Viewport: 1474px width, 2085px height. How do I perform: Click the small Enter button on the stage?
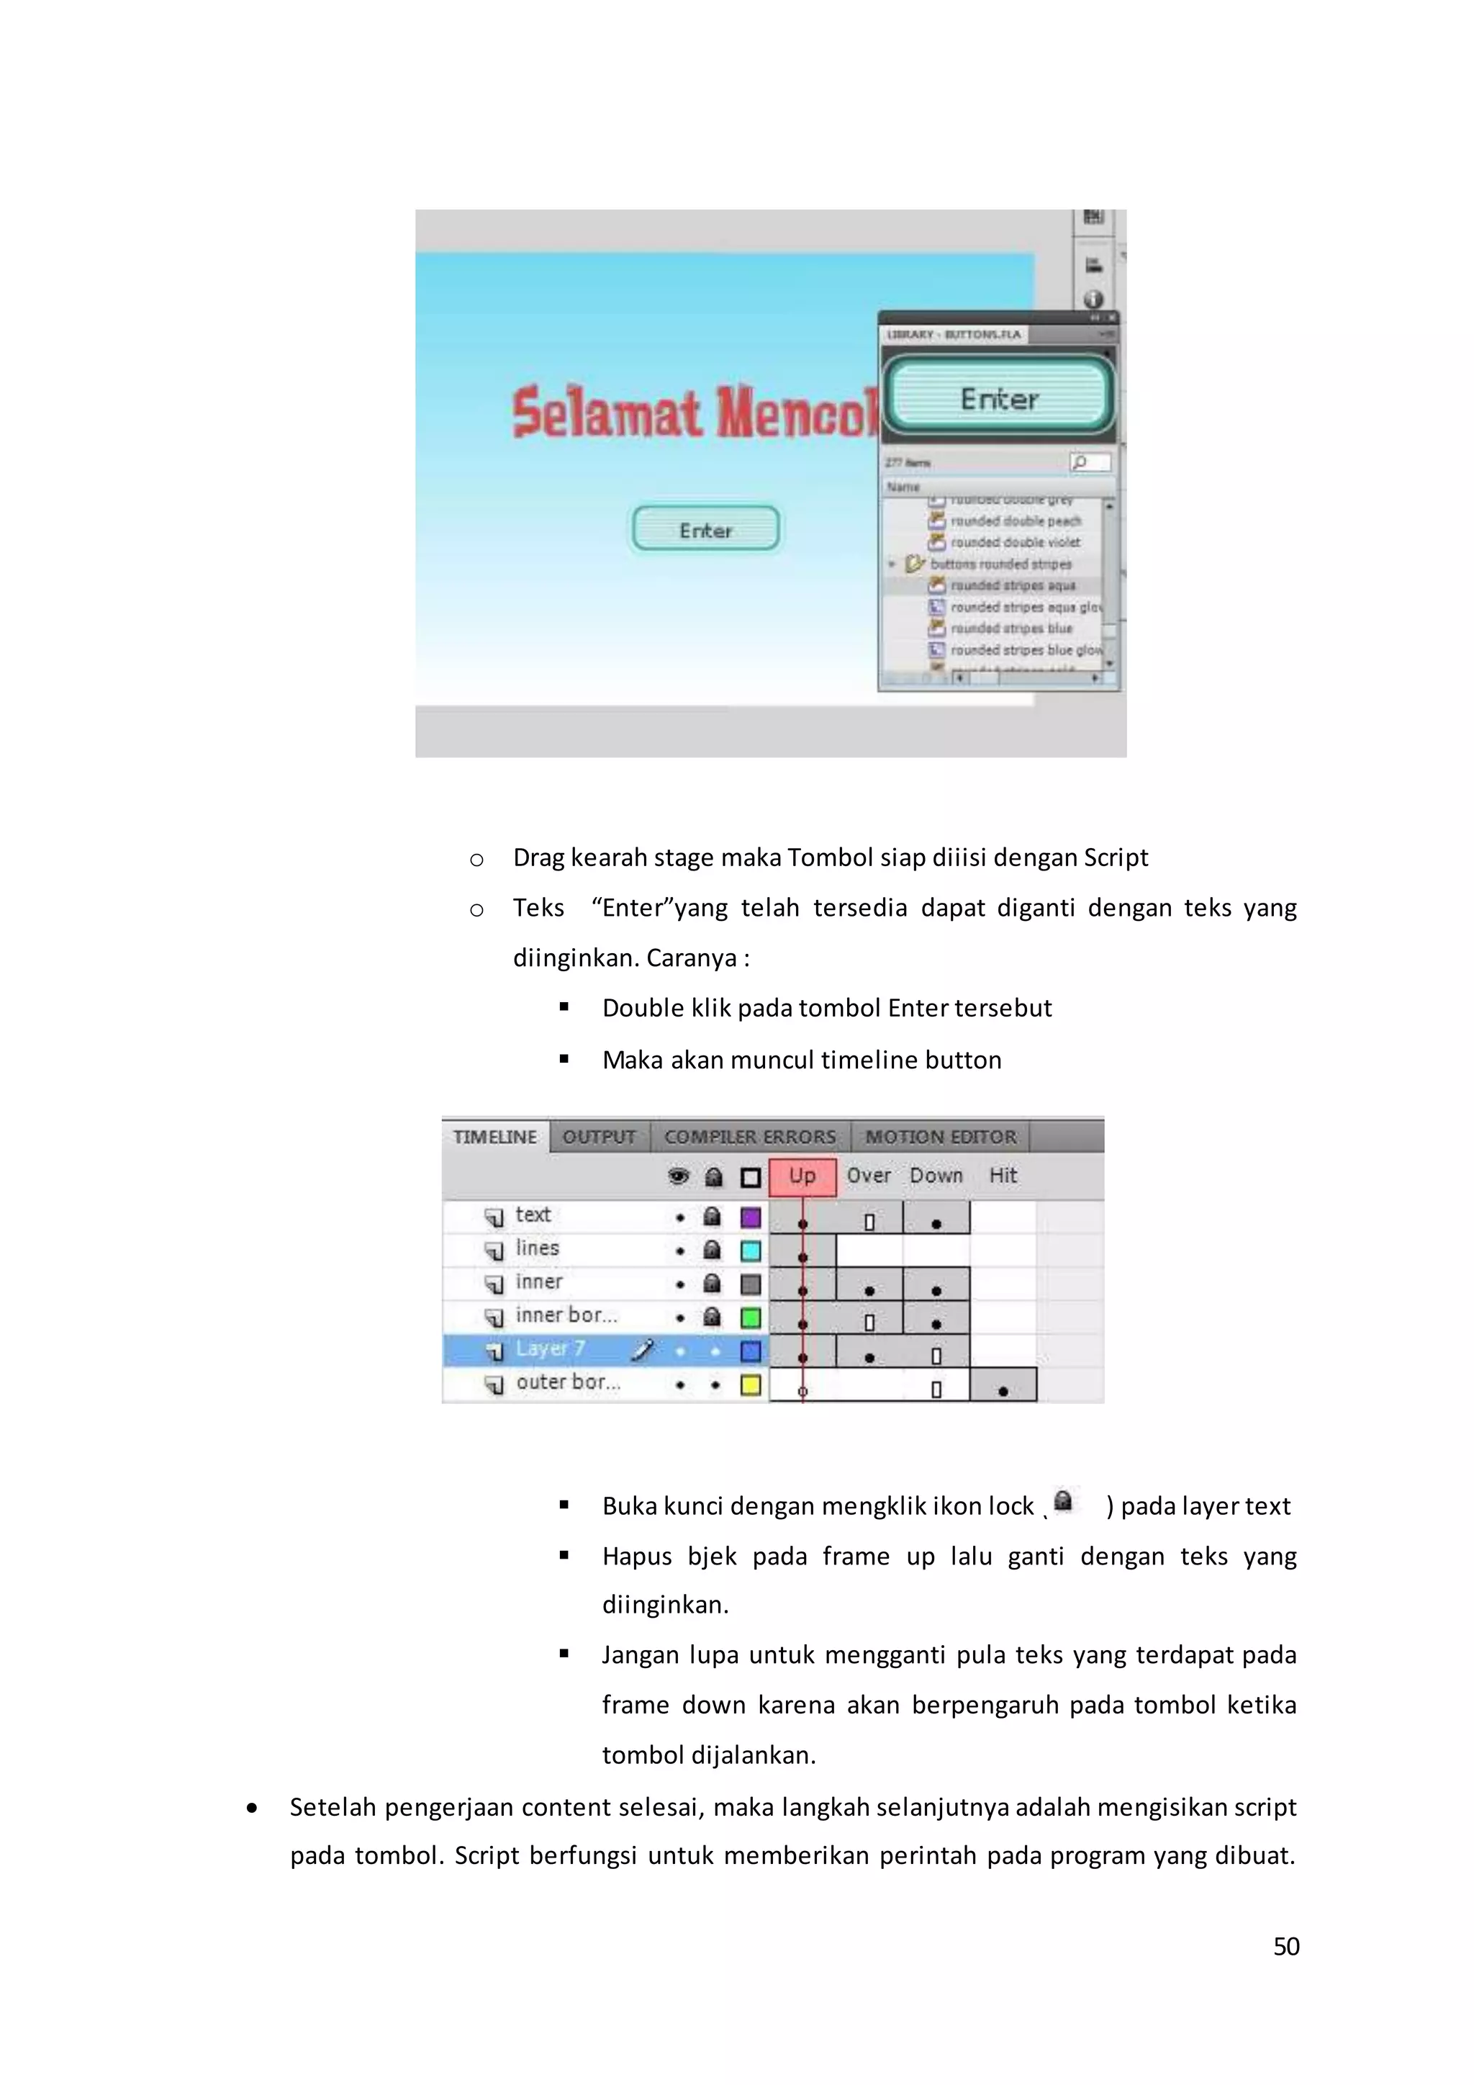tap(705, 529)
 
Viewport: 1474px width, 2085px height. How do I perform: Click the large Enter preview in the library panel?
tap(998, 397)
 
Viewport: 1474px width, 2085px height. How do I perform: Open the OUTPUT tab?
tap(599, 1137)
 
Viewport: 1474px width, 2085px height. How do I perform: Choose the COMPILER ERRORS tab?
tap(750, 1137)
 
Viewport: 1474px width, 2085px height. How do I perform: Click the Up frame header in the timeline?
tap(802, 1176)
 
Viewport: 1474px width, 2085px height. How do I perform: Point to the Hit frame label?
tap(1003, 1176)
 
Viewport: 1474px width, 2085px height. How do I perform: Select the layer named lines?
tap(538, 1248)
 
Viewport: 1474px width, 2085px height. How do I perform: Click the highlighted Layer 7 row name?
tap(550, 1349)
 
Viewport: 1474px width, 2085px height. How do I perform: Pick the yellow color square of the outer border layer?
tap(751, 1385)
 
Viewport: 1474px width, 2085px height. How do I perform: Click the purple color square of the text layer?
tap(751, 1217)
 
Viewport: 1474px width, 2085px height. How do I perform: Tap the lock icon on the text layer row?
tap(713, 1216)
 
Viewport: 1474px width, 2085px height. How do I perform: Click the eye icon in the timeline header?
tap(678, 1177)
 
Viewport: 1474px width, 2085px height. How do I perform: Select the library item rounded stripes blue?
tap(1011, 629)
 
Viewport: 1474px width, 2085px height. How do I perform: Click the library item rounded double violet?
tap(1015, 542)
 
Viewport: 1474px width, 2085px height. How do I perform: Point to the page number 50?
tap(1286, 1947)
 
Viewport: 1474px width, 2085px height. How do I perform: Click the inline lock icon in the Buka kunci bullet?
tap(1063, 1501)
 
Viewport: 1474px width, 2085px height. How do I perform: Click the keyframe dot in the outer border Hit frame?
tap(1003, 1391)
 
